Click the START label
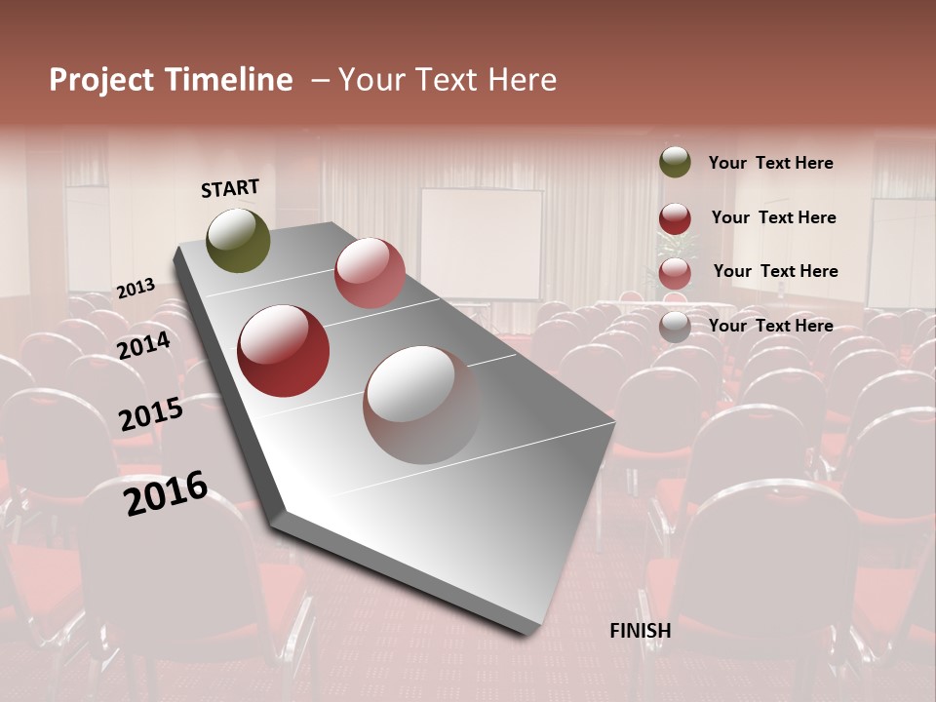(230, 187)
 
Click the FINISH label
(640, 631)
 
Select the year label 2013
(136, 289)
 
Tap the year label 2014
(144, 345)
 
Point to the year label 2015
(151, 414)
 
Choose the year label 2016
(166, 493)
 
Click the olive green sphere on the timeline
(238, 240)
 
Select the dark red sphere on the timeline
(283, 351)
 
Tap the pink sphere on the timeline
(370, 272)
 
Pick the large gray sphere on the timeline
(421, 405)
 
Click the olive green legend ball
(675, 163)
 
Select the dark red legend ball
(675, 218)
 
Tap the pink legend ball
(675, 273)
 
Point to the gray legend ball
(675, 327)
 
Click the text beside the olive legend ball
(770, 163)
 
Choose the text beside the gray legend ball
(770, 326)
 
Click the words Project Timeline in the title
(171, 80)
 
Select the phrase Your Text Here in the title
(448, 80)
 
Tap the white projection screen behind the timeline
(481, 244)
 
